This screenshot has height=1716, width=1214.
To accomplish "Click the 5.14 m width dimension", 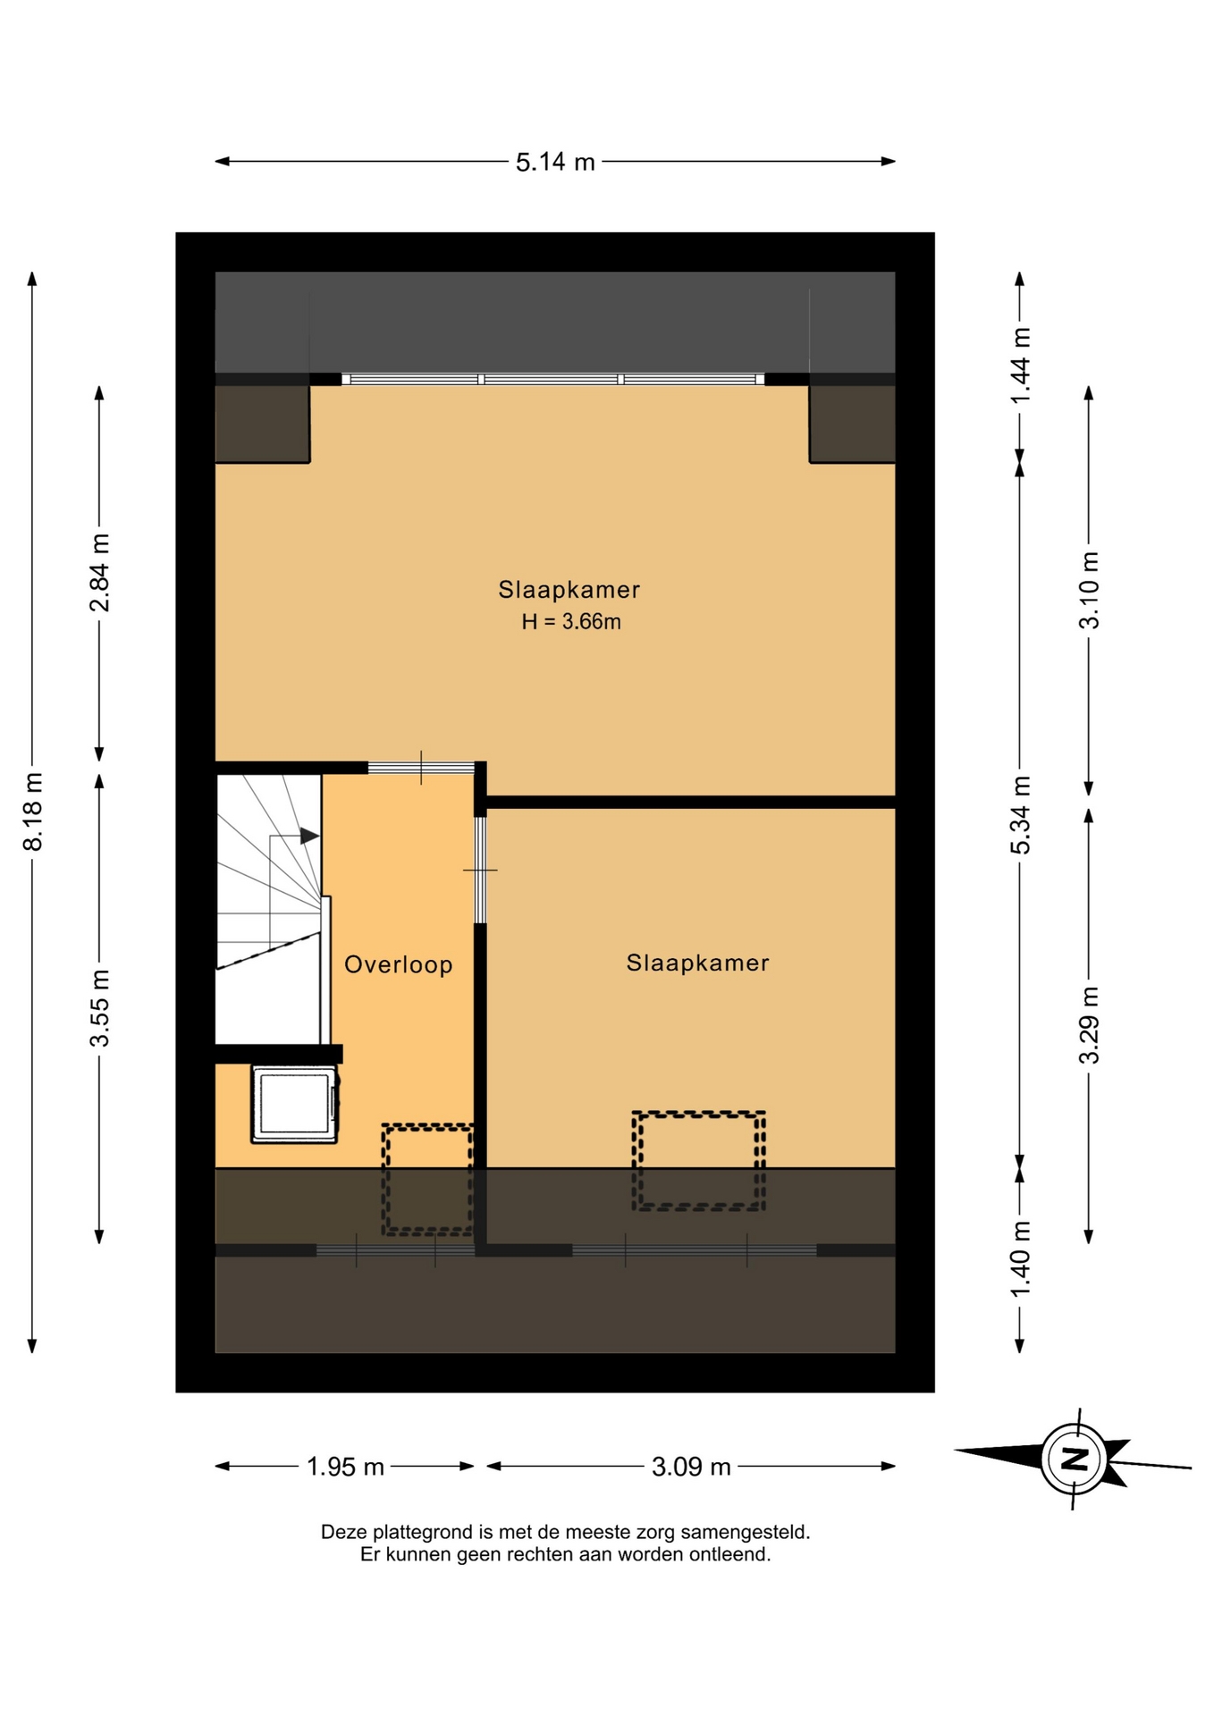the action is pos(555,162).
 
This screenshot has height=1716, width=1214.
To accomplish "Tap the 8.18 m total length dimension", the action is pos(33,812).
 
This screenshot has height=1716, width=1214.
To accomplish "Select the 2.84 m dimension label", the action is pos(99,573).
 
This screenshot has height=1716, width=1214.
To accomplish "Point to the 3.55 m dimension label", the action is pos(99,1008).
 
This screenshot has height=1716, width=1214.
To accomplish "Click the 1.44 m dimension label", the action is pos(1020,366).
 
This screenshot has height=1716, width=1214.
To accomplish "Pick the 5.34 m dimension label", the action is pos(1020,815).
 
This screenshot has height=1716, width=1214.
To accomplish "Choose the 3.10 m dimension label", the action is pos(1089,591).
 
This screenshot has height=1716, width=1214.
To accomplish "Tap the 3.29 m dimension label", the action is pos(1089,1025).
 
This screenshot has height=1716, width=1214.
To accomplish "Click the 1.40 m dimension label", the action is pos(1020,1259).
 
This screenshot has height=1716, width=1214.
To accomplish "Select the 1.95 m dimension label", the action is pos(345,1467).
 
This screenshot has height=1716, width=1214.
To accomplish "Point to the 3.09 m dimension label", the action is pos(691,1467).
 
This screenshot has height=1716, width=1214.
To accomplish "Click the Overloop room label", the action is pos(399,964).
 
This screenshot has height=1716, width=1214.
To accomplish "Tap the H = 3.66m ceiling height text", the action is pos(571,621).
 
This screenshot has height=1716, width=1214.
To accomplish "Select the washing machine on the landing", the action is pos(295,1103).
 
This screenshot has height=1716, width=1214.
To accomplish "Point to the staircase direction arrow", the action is pos(295,837).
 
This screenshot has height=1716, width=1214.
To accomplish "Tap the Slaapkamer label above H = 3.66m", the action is pos(569,590).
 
